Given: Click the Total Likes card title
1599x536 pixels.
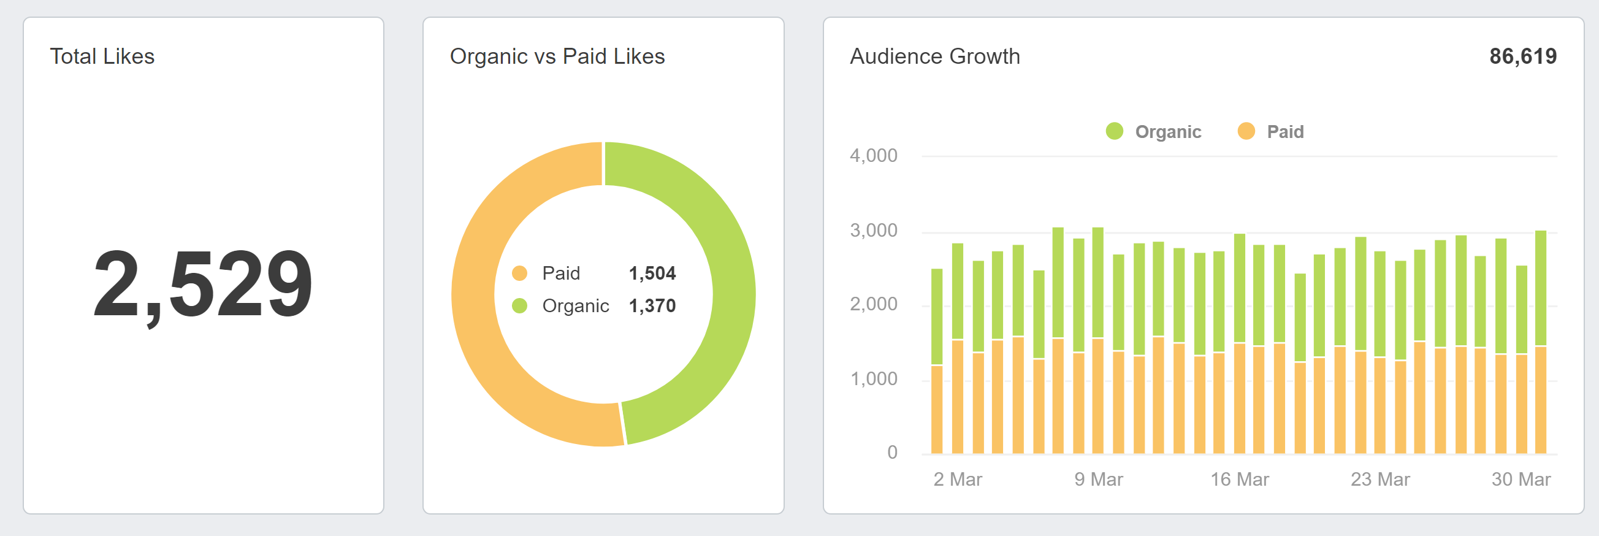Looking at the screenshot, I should (x=102, y=56).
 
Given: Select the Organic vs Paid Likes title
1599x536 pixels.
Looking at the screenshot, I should (x=557, y=56).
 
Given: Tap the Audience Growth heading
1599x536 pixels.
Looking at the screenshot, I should (x=934, y=56).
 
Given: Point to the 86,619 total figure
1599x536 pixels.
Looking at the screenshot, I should (x=1522, y=56).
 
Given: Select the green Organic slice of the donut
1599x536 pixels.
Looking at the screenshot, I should (x=720, y=248).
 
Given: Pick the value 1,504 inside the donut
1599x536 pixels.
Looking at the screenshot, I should (x=652, y=274).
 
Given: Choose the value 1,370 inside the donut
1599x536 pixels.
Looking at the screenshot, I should (x=652, y=305).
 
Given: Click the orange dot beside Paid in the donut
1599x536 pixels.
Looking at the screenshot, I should (x=519, y=274).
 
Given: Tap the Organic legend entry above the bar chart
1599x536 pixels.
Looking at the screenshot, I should (x=1154, y=132).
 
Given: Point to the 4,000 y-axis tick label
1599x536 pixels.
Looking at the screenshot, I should (x=872, y=155).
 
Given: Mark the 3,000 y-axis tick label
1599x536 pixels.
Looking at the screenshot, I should (x=872, y=231).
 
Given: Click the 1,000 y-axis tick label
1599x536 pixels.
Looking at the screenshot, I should (x=872, y=379).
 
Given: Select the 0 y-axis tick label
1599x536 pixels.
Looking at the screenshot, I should (x=892, y=452).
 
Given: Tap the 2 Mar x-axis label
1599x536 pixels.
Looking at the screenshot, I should (x=957, y=480).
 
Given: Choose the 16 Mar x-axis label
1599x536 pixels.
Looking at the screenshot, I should (x=1239, y=480).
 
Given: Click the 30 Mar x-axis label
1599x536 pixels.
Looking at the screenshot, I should (x=1520, y=480).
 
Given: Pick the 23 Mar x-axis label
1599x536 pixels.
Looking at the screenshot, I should (x=1380, y=480).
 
